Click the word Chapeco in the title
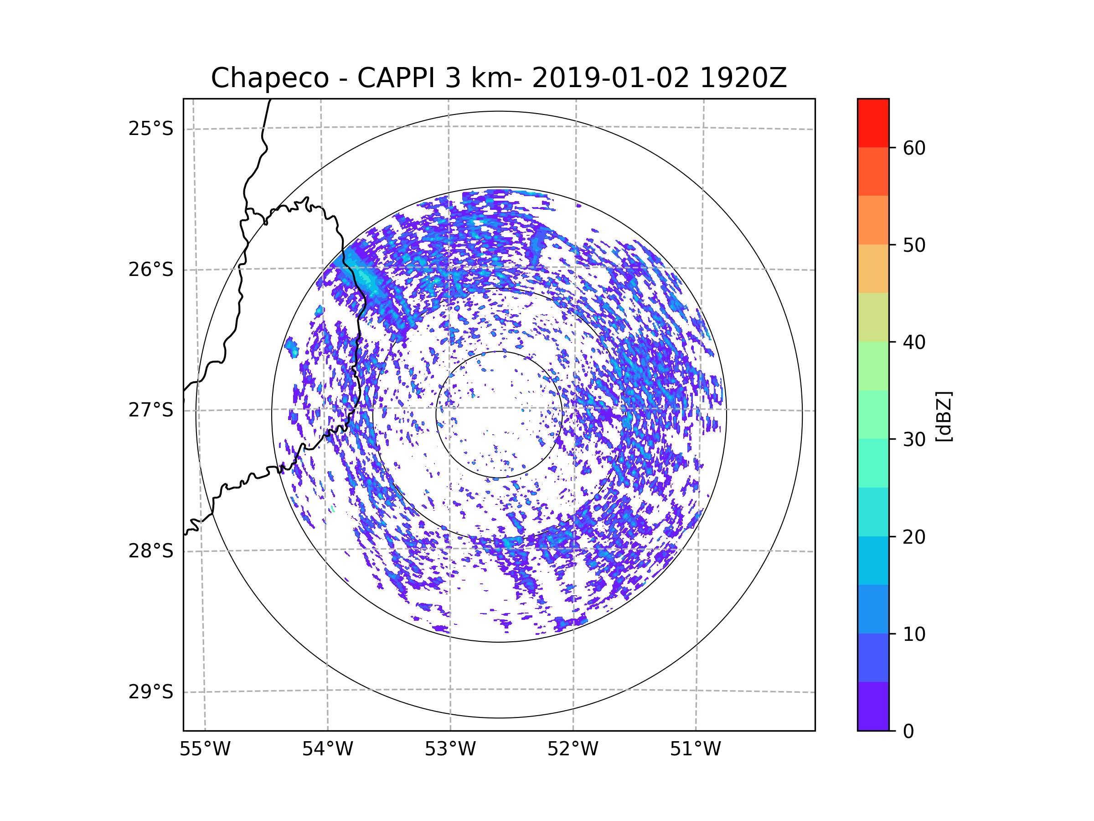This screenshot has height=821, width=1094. click(x=269, y=78)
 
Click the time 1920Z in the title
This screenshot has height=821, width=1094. click(x=743, y=78)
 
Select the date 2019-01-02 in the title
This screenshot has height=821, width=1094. click(x=610, y=78)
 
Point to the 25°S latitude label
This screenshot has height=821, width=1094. click(x=151, y=129)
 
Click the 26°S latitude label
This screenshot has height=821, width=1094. click(x=151, y=270)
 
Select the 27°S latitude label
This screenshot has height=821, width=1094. click(x=151, y=410)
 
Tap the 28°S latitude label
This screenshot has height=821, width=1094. click(x=151, y=551)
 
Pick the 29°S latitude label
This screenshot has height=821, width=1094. click(x=151, y=692)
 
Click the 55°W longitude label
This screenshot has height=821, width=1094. click(x=205, y=749)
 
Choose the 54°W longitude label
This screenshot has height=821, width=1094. click(x=327, y=749)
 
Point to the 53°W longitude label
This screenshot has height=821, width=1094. click(x=450, y=749)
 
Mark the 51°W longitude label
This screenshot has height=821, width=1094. click(x=695, y=749)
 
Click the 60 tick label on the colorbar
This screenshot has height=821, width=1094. click(x=914, y=148)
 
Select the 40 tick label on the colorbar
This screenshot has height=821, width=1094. click(x=914, y=343)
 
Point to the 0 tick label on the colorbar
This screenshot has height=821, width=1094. click(x=908, y=732)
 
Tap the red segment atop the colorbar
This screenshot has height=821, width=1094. click(x=873, y=123)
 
